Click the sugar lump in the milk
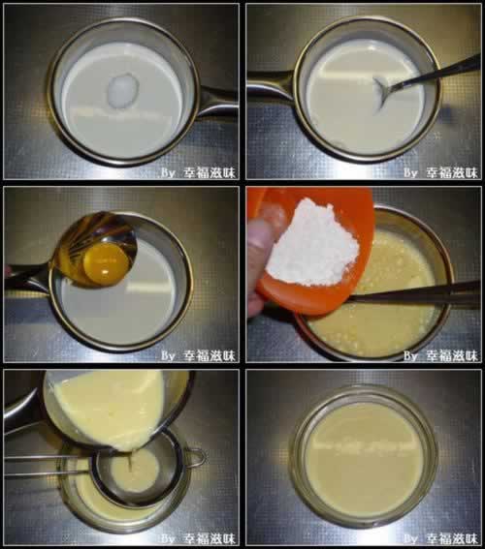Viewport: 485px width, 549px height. click(x=123, y=90)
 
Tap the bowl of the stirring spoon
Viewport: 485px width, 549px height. click(x=381, y=93)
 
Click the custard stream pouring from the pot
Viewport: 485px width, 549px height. click(x=130, y=461)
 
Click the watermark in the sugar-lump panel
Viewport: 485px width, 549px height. click(x=198, y=172)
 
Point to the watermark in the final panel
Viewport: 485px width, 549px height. click(x=440, y=538)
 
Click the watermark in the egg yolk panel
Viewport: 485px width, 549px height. click(x=198, y=355)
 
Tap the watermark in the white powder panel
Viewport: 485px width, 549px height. click(x=440, y=355)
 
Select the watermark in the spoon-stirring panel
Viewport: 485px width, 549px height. click(x=440, y=172)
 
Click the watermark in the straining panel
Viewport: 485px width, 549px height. click(x=198, y=538)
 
